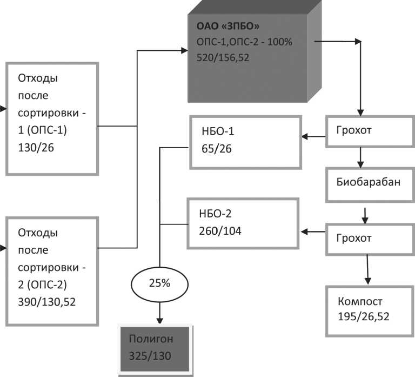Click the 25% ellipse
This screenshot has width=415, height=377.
pos(159,282)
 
